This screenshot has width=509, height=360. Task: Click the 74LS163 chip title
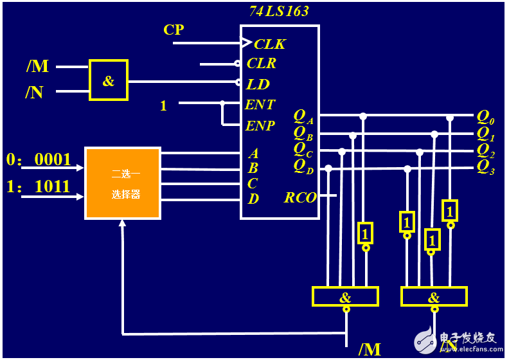coord(279,11)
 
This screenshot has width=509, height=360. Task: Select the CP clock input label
coord(174,30)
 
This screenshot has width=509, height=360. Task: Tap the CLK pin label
coord(269,44)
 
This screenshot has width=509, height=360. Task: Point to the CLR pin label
coord(262,63)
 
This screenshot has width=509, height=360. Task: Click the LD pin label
coord(258,84)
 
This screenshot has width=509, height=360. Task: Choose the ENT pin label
coord(260,105)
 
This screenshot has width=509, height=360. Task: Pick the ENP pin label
coord(260,125)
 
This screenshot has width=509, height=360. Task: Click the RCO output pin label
coord(300,197)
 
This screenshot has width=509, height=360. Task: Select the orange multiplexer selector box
coord(123,183)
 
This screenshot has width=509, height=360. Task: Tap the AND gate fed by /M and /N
coord(109,80)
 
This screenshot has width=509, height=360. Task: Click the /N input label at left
coord(34,93)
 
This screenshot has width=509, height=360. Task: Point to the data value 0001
coord(53,160)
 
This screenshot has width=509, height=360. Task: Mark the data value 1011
coord(53,187)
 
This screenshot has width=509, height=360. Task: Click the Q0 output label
coord(485,118)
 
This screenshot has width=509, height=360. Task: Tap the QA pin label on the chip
coord(303,116)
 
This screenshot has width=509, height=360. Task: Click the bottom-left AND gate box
coord(345,296)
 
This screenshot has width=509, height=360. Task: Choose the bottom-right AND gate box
coord(434,296)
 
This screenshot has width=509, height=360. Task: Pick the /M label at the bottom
coord(370,350)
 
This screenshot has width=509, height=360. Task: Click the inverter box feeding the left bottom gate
coord(365,232)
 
